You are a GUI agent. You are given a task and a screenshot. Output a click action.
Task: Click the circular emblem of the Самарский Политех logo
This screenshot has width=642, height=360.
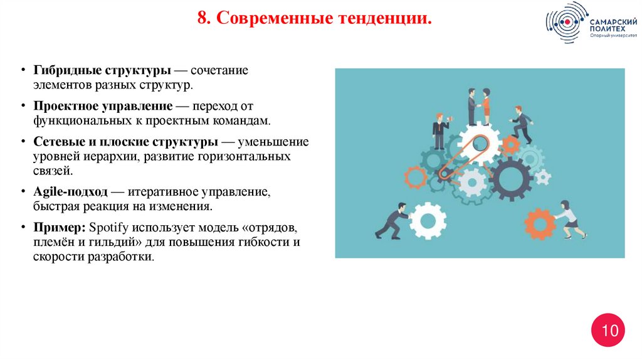pos(567,23)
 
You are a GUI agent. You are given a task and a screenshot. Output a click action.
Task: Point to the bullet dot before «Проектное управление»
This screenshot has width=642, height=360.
pos(23,107)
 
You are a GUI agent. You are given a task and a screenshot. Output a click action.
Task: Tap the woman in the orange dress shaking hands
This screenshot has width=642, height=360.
pos(485,106)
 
